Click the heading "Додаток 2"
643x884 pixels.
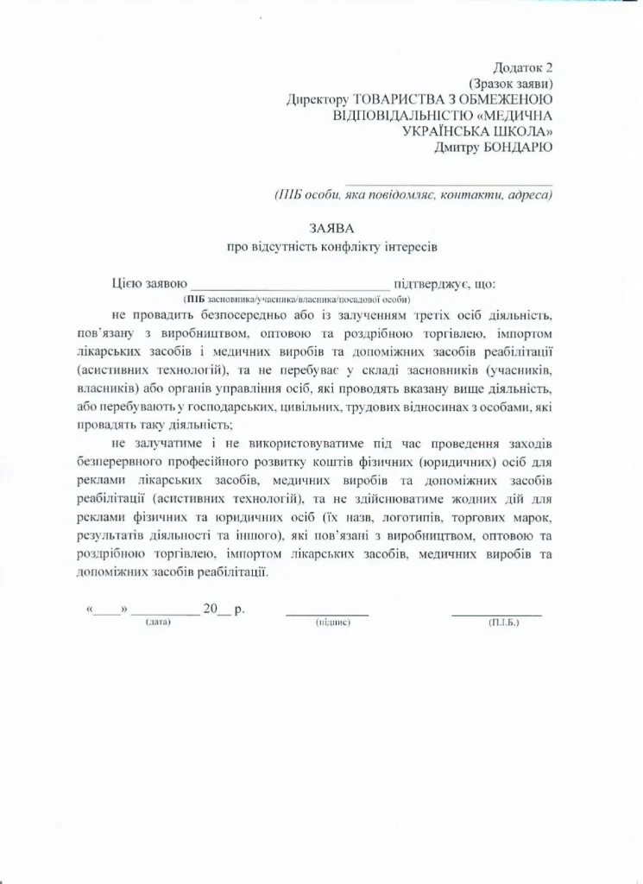pyautogui.click(x=522, y=67)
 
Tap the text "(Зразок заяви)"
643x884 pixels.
pyautogui.click(x=511, y=84)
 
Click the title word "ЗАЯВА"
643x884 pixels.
pyautogui.click(x=332, y=228)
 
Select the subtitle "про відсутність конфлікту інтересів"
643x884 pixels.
pyautogui.click(x=332, y=247)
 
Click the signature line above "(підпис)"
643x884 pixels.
pyautogui.click(x=327, y=613)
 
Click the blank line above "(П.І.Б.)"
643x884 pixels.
pyautogui.click(x=496, y=613)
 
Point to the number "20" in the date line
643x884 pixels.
pyautogui.click(x=211, y=609)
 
